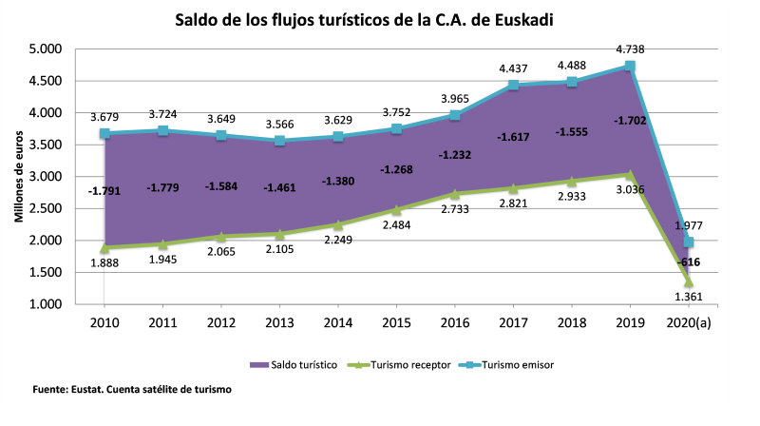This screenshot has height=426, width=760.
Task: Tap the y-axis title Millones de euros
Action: click(x=18, y=177)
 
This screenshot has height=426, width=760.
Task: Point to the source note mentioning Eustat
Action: click(x=132, y=389)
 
